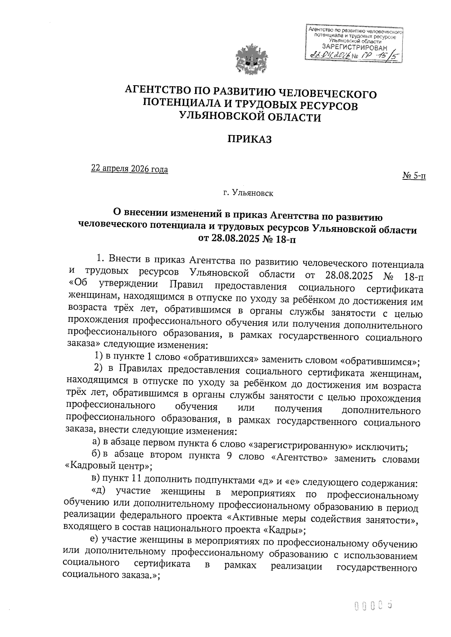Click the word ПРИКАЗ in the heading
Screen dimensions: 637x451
coord(249,139)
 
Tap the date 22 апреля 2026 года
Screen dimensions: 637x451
coord(130,169)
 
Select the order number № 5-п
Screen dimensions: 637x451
coord(414,175)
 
